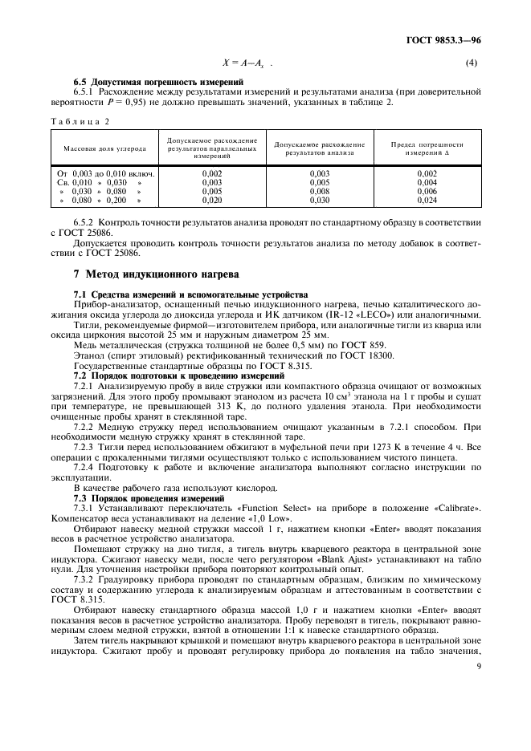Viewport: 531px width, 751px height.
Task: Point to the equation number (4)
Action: click(472, 63)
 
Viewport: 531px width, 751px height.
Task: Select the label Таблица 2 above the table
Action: click(83, 120)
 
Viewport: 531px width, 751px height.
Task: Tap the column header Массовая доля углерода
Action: click(105, 148)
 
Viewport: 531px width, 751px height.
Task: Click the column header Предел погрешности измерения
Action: click(427, 148)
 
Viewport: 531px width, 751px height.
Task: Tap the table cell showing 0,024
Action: click(427, 201)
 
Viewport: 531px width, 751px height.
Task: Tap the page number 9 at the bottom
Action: click(479, 664)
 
